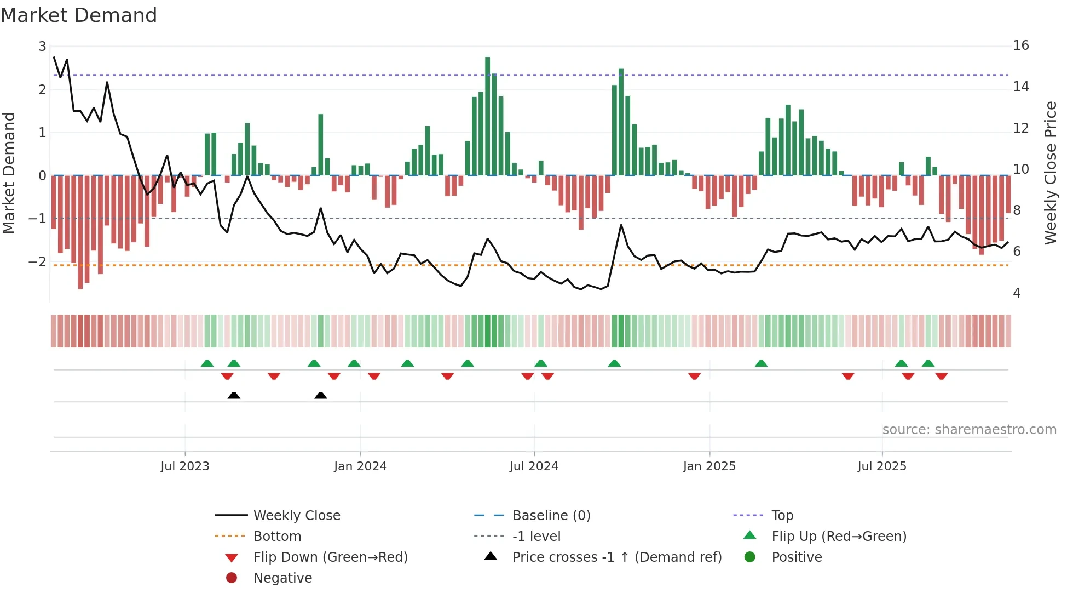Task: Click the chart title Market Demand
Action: [79, 15]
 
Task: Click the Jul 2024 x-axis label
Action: [534, 466]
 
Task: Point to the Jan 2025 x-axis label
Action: [709, 466]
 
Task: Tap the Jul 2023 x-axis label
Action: [185, 466]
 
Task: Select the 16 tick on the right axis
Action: [1020, 45]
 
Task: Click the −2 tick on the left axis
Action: [38, 262]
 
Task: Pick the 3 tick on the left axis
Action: [42, 47]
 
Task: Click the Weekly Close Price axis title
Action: [1050, 173]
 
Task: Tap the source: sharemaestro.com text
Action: [969, 430]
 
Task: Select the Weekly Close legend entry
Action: [296, 516]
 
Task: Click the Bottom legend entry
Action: [277, 537]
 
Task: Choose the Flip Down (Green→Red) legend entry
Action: [330, 557]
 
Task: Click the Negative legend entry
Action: [282, 578]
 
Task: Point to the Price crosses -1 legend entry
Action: [616, 557]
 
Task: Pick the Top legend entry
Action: [782, 516]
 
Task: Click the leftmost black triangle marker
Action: [234, 395]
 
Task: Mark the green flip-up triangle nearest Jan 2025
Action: [761, 363]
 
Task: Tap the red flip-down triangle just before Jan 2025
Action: [694, 376]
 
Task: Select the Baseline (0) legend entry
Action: [551, 516]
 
